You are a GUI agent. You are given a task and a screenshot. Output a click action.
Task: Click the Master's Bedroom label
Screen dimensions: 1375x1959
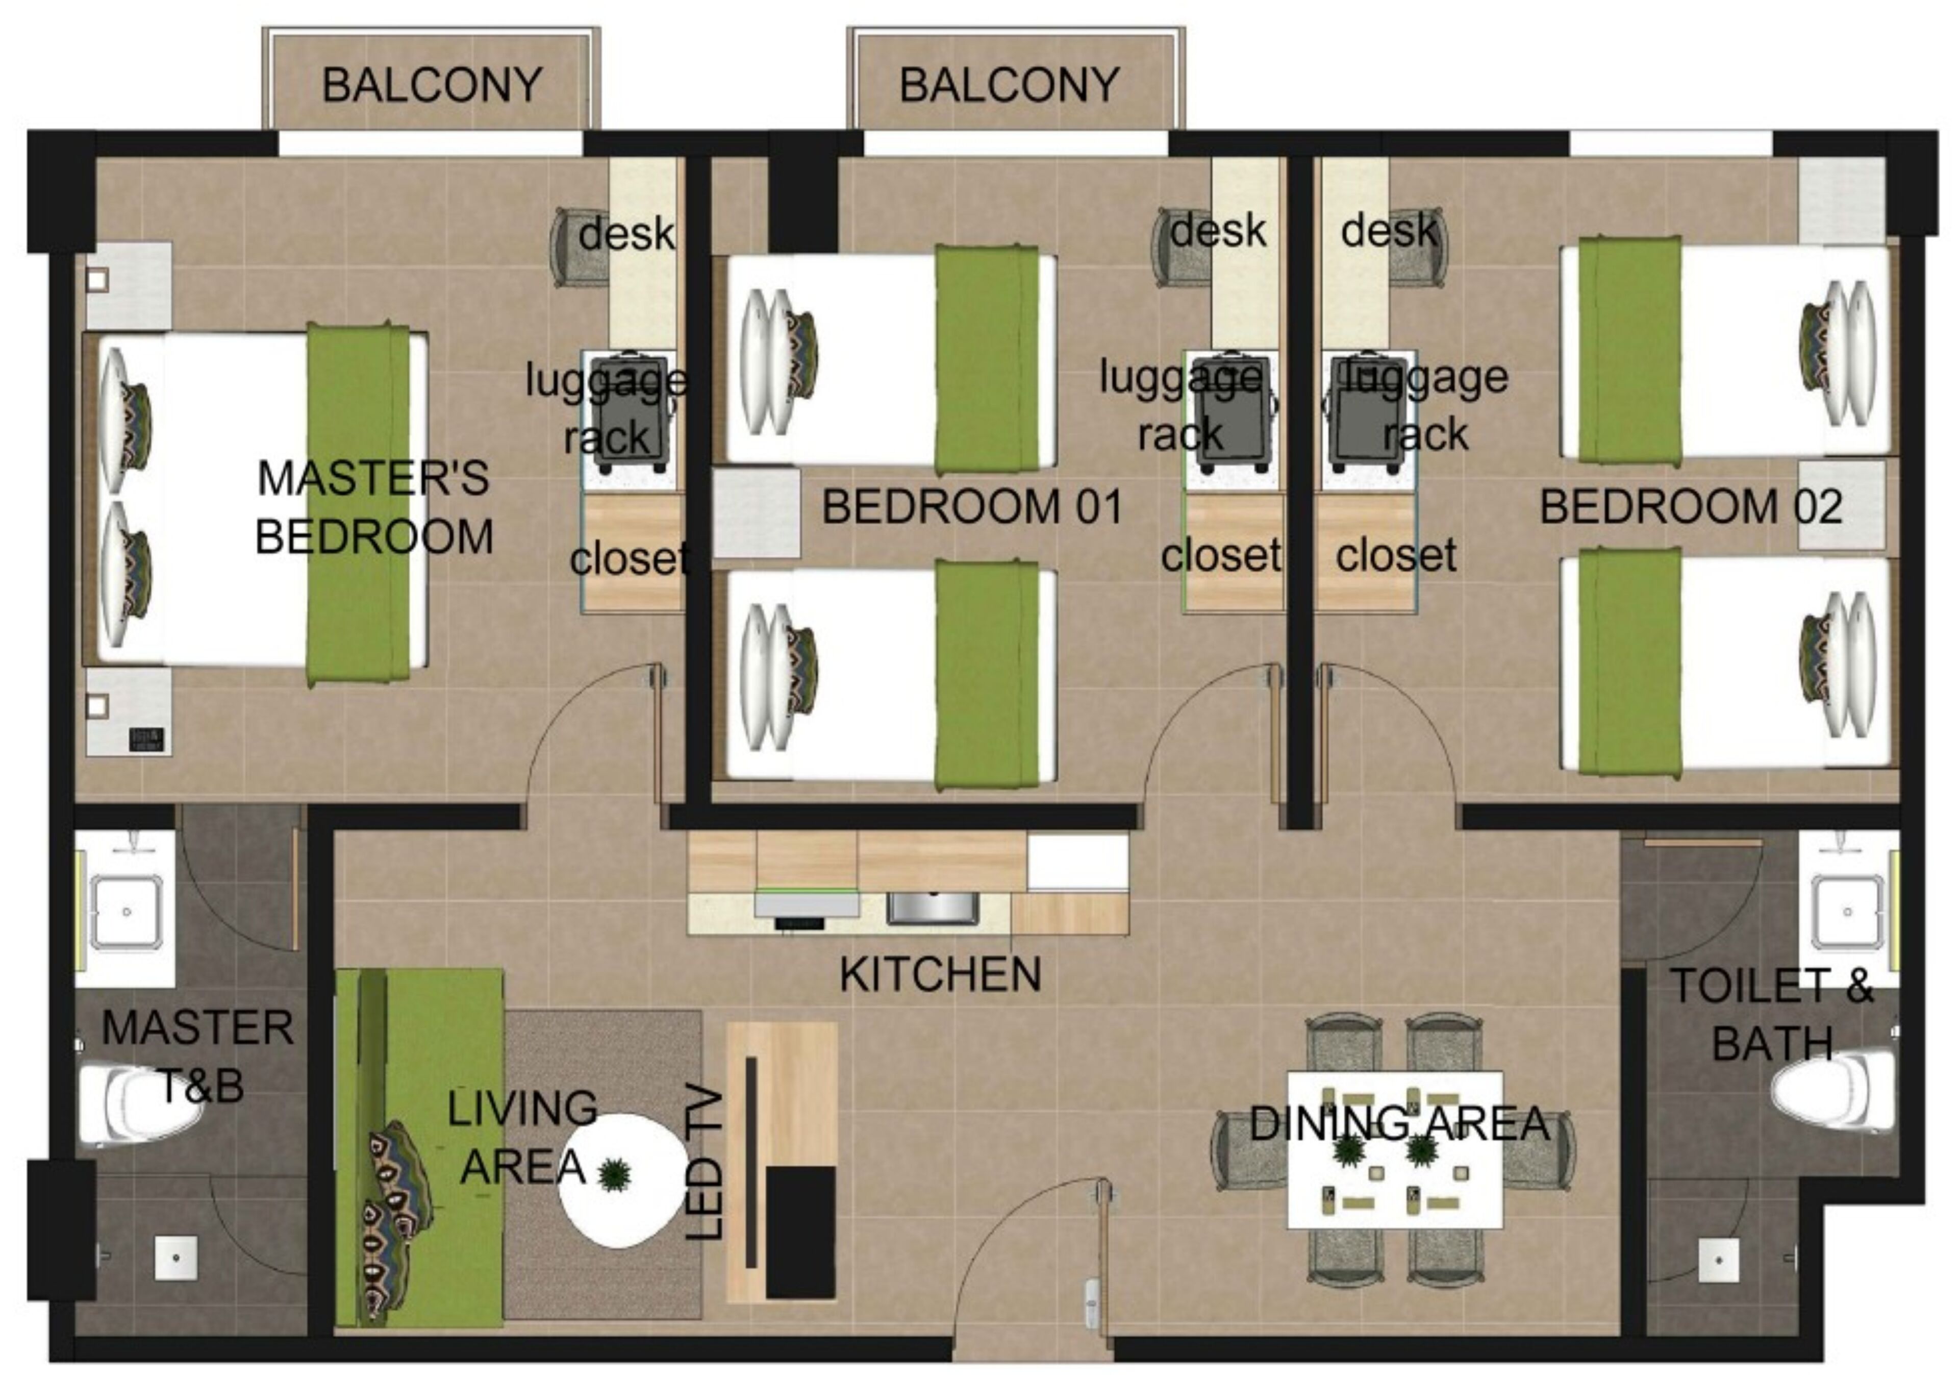374,507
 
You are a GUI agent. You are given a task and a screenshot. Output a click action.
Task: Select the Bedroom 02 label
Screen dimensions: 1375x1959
1691,507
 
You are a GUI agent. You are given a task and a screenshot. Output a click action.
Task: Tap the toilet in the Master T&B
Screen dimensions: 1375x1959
128,1101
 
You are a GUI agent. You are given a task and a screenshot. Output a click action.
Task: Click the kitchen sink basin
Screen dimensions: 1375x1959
932,908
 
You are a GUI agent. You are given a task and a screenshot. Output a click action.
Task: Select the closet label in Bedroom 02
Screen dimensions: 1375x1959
1396,556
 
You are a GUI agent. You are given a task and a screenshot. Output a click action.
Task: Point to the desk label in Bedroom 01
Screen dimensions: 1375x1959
1218,231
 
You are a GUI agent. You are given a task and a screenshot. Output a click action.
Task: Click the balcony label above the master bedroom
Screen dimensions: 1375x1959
432,85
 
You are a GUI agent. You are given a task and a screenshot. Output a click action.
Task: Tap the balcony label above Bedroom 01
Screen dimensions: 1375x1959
1010,85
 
